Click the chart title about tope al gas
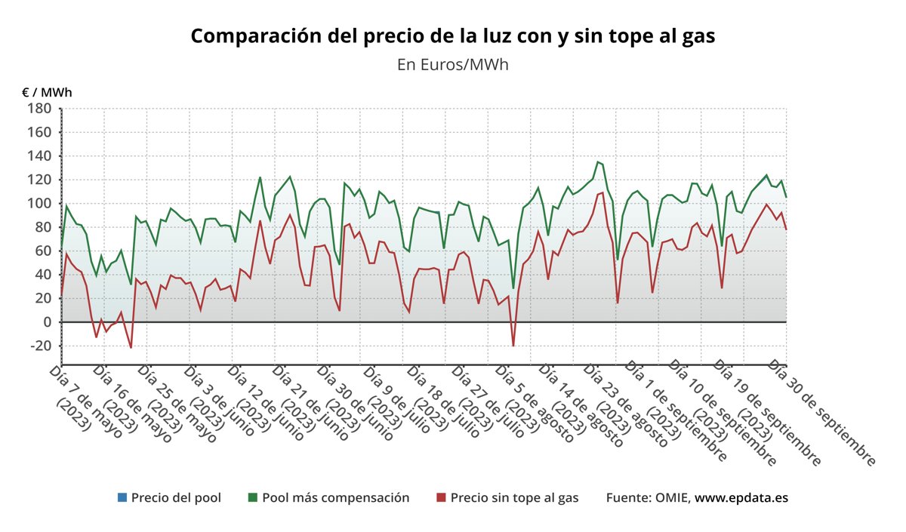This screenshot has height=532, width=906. pyautogui.click(x=452, y=36)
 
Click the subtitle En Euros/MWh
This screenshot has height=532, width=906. pyautogui.click(x=452, y=64)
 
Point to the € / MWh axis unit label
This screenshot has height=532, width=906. pyautogui.click(x=47, y=92)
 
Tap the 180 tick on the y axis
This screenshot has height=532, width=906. pyautogui.click(x=39, y=109)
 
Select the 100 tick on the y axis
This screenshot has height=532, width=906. pyautogui.click(x=39, y=204)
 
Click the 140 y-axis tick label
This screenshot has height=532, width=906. pyautogui.click(x=39, y=156)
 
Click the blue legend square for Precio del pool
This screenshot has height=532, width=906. pyautogui.click(x=122, y=498)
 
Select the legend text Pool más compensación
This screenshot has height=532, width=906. pyautogui.click(x=335, y=498)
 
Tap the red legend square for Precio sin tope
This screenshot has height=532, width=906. pyautogui.click(x=441, y=498)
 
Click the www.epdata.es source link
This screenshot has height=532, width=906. pyautogui.click(x=741, y=498)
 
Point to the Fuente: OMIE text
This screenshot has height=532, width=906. pyautogui.click(x=648, y=498)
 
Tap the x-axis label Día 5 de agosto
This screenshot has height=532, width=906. pyautogui.click(x=535, y=400)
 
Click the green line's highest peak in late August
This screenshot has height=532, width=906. pyautogui.click(x=598, y=161)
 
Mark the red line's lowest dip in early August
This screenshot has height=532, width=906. pyautogui.click(x=513, y=346)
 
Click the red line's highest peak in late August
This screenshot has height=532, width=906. pyautogui.click(x=602, y=192)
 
